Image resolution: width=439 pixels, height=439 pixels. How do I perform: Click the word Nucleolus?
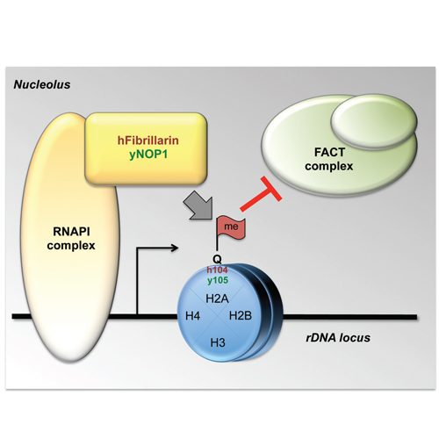tap(42, 84)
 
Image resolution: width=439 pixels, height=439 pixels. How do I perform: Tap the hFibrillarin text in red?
tap(148, 140)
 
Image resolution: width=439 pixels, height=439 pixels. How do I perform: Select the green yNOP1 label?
tap(148, 155)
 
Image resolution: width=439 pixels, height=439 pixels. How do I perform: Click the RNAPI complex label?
tap(71, 239)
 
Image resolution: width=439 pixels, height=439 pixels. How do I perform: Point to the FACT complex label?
tap(329, 159)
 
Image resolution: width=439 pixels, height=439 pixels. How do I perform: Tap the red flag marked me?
tap(231, 227)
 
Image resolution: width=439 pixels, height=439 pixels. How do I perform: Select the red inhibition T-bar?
tap(261, 193)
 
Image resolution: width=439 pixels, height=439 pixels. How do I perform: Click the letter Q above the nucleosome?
tap(217, 259)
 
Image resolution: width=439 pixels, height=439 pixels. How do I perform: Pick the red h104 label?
tap(217, 270)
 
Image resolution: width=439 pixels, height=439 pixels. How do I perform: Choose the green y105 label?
tap(218, 280)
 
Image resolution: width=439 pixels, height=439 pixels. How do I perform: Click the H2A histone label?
tap(217, 299)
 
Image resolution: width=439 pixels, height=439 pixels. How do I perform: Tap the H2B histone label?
tap(241, 316)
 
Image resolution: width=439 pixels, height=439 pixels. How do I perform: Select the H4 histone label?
tap(193, 316)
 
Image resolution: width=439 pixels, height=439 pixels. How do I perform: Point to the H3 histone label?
tap(218, 342)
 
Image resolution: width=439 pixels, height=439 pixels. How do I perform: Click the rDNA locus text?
tap(338, 338)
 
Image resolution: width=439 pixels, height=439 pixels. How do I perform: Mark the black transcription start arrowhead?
tap(175, 248)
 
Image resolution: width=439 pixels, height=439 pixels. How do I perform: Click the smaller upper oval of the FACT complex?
tap(374, 121)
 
